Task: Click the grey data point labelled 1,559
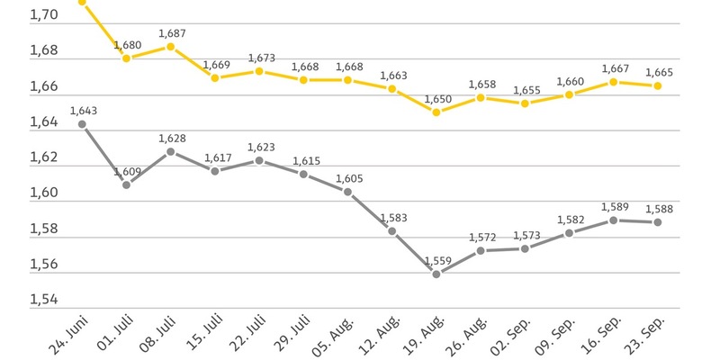(x=436, y=274)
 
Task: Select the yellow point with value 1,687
(x=171, y=46)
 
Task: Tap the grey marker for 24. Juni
(x=83, y=124)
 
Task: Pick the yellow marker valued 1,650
(x=436, y=112)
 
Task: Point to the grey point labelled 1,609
(x=127, y=184)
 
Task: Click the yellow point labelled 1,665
(x=658, y=85)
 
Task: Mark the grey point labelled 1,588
(x=658, y=222)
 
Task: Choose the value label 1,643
(x=83, y=111)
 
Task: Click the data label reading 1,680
(x=127, y=45)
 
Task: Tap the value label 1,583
(x=392, y=218)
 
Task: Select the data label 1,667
(x=614, y=68)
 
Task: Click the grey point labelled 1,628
(x=171, y=151)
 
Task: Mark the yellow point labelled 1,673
(x=259, y=71)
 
